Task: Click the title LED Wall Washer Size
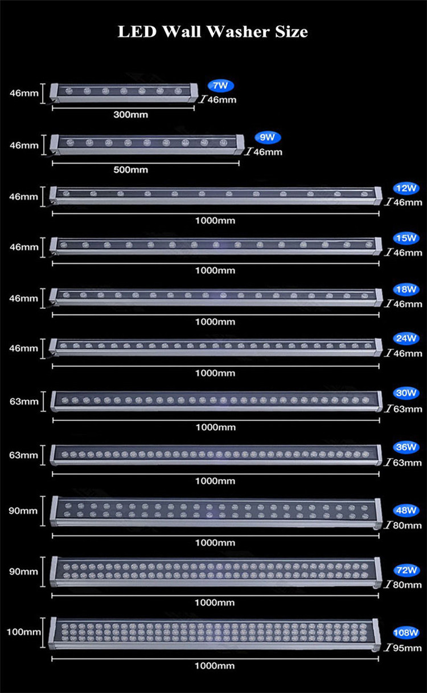click(213, 32)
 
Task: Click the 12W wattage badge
click(406, 188)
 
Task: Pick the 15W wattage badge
click(406, 238)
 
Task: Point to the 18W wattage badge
click(406, 290)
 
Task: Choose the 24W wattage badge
click(406, 339)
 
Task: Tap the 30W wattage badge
click(406, 393)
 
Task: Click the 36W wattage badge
click(406, 447)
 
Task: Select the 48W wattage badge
click(406, 510)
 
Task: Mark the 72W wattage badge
click(406, 570)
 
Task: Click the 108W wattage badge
click(406, 632)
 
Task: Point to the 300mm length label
click(130, 115)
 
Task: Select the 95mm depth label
click(408, 647)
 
